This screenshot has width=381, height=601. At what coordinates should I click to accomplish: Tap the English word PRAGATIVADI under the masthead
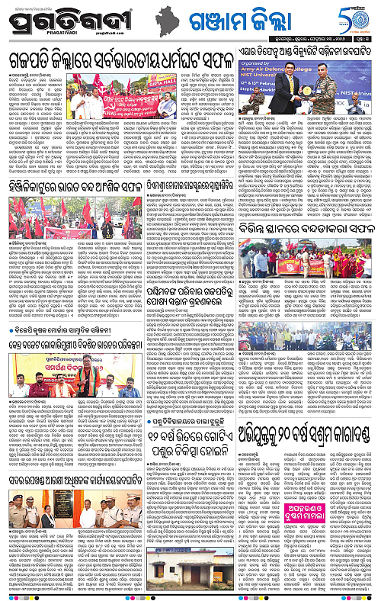coord(40,34)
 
